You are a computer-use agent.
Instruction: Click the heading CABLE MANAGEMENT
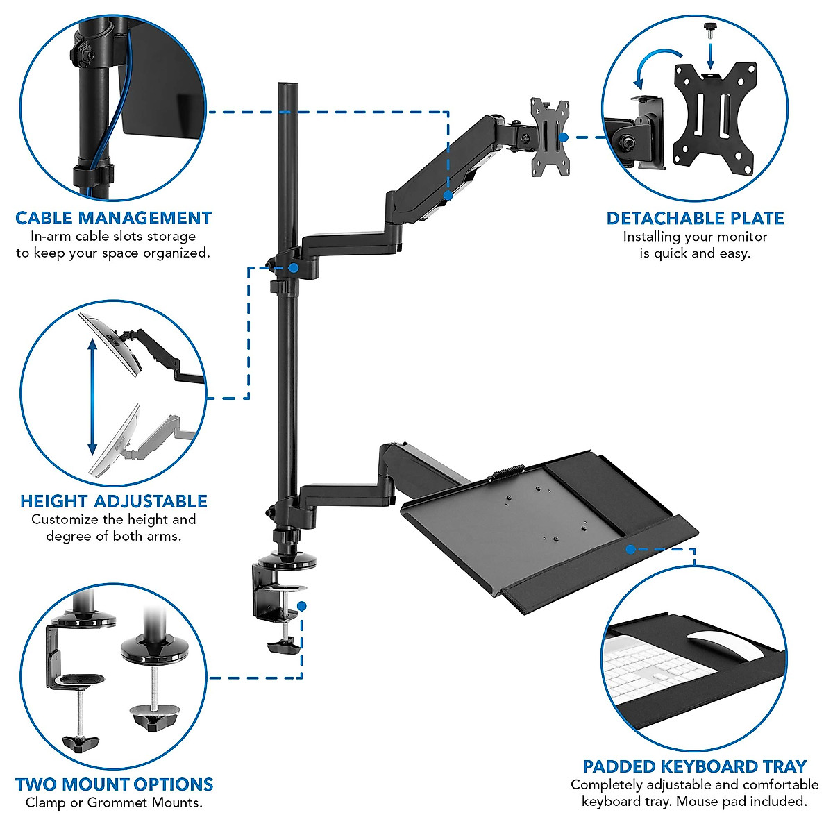pos(113,218)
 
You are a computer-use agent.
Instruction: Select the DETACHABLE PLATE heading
pos(695,219)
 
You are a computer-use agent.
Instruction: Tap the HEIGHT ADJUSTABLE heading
pos(114,501)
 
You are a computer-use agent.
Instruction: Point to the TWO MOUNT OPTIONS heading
pos(114,784)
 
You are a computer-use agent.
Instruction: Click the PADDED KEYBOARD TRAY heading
pos(694,766)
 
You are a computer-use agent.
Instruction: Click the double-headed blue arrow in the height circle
pos(92,396)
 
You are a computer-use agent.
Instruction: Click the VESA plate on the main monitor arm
pos(550,136)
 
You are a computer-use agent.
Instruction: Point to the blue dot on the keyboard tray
pos(630,549)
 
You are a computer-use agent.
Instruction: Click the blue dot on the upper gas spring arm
pos(448,196)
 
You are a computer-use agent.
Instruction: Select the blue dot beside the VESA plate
pos(564,137)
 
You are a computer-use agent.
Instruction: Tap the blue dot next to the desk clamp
pos(301,605)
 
